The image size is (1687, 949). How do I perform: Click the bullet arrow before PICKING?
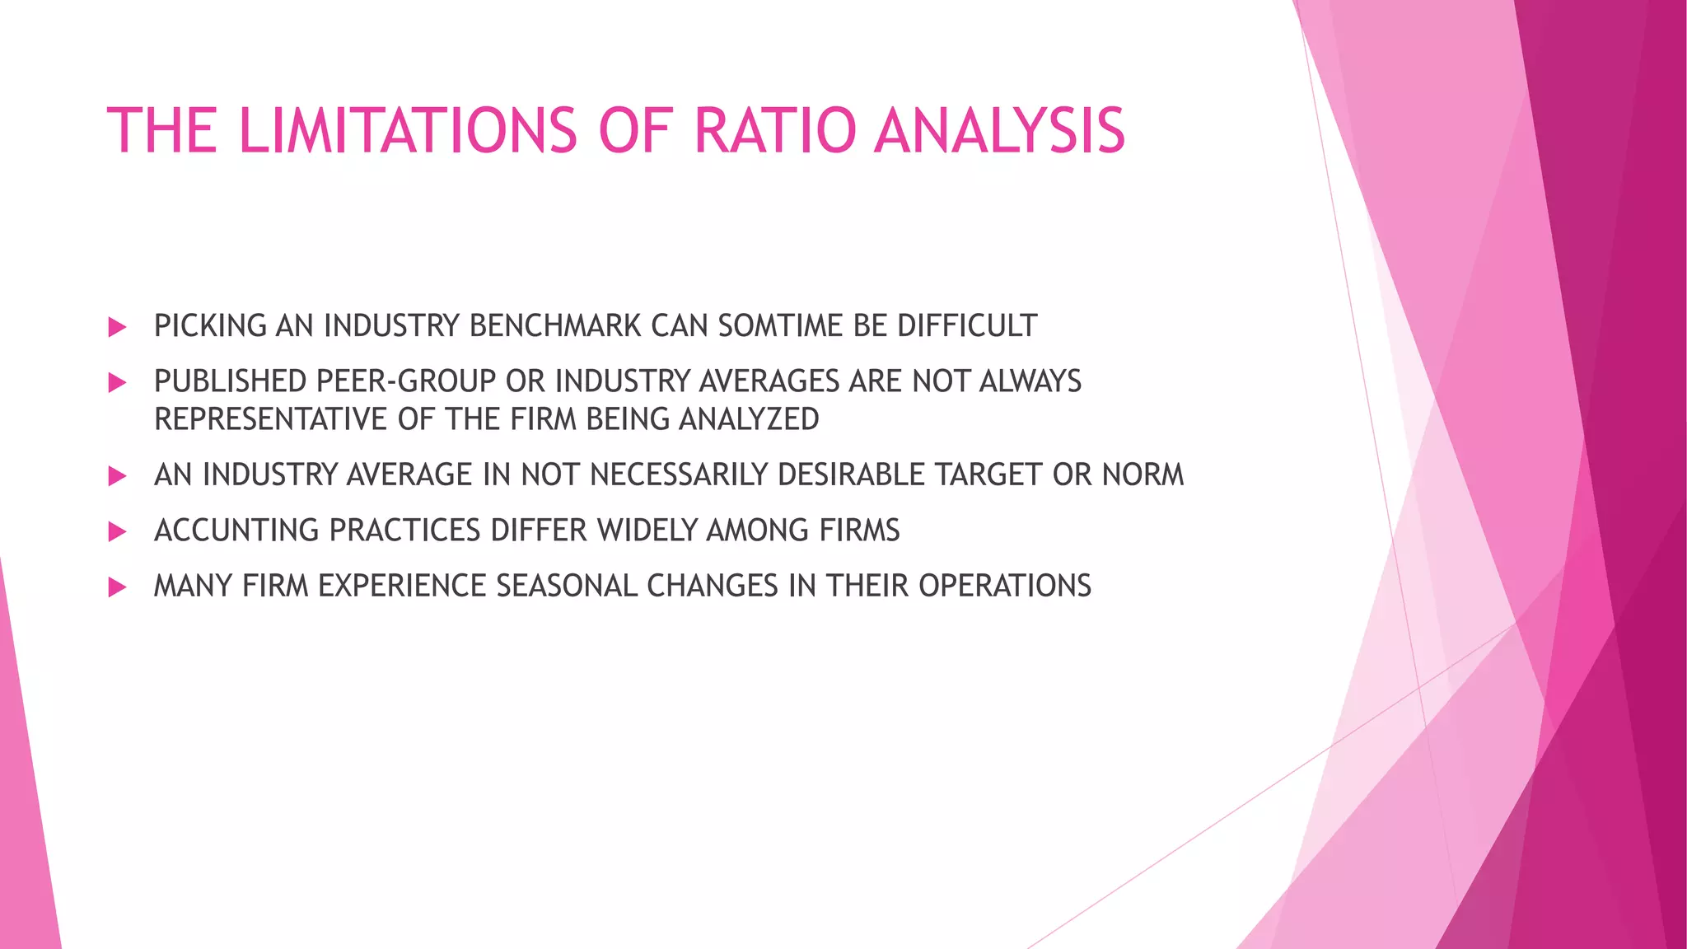(117, 327)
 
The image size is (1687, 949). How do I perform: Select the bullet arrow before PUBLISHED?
(117, 382)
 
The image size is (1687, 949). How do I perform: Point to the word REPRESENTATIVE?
(271, 419)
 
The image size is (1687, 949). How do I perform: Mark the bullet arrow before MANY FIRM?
(117, 587)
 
